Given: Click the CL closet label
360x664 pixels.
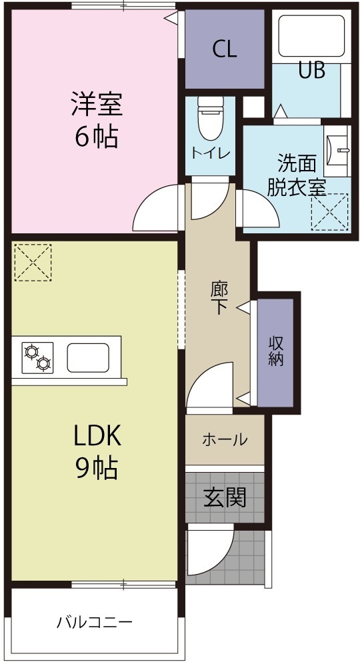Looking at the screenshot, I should [x=225, y=49].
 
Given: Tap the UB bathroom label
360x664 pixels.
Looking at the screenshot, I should [x=311, y=70].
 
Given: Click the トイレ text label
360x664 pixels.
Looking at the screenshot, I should [x=211, y=152].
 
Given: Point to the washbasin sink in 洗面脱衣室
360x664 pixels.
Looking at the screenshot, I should [x=337, y=150].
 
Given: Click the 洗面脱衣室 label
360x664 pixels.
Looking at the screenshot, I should [x=297, y=174].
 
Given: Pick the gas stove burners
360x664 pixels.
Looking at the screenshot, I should [x=37, y=357].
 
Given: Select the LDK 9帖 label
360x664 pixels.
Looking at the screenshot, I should [x=97, y=451].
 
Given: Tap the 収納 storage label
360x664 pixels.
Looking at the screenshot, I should [x=276, y=351].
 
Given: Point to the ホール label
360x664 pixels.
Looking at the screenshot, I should [x=225, y=439].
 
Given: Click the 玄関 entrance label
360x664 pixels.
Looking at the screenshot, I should [x=225, y=497].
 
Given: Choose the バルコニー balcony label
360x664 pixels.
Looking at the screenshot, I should [x=94, y=623].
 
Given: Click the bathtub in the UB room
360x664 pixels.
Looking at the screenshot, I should [x=311, y=36].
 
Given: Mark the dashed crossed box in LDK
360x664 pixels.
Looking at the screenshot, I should [x=33, y=262].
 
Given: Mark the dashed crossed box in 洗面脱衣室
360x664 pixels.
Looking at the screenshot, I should [x=329, y=211].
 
